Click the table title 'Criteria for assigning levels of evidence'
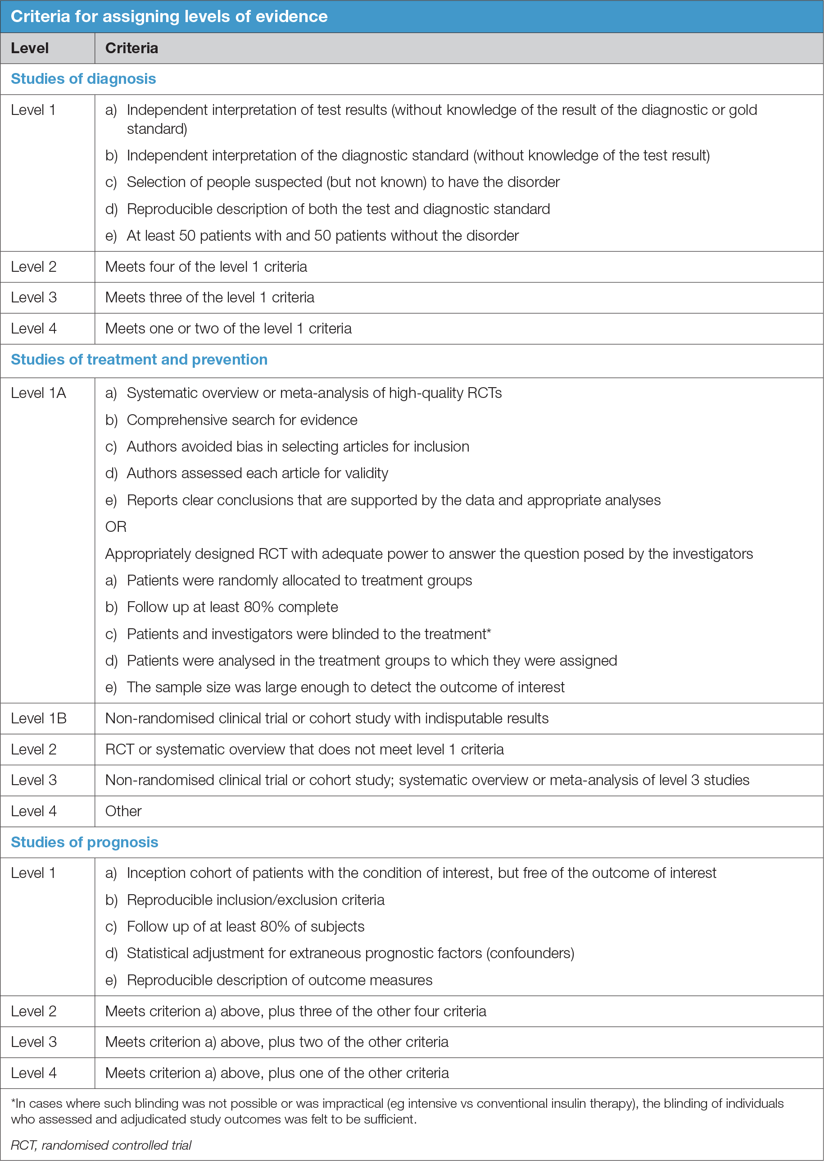pos(169,16)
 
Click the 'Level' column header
pos(30,48)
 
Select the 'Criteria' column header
pos(131,48)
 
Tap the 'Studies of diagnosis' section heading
pos(83,79)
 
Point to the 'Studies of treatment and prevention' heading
pos(139,360)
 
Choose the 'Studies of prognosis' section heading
pos(84,842)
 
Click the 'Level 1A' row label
pos(39,393)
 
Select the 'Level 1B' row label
pos(39,718)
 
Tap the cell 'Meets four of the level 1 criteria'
pos(206,267)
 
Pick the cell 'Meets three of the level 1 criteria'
pos(209,297)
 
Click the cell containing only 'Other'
pos(123,811)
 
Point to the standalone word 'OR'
pos(116,527)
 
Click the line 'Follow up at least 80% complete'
pos(232,607)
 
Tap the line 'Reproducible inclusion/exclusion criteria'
pos(256,900)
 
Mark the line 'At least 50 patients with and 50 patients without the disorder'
pos(323,236)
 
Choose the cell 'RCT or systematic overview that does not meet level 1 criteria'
pos(304,749)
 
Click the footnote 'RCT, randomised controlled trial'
pos(101,1145)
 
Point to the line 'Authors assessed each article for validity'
pos(257,473)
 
